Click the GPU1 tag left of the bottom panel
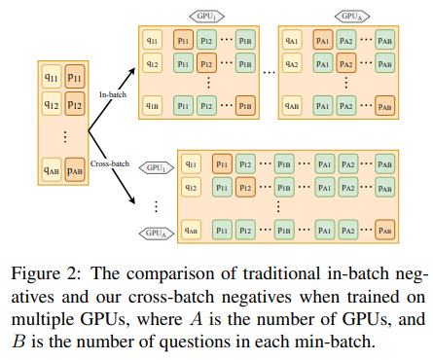[152, 166]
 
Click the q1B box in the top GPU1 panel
[151, 104]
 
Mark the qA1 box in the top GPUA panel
[291, 41]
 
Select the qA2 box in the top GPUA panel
[291, 62]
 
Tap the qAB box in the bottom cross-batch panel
[192, 232]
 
